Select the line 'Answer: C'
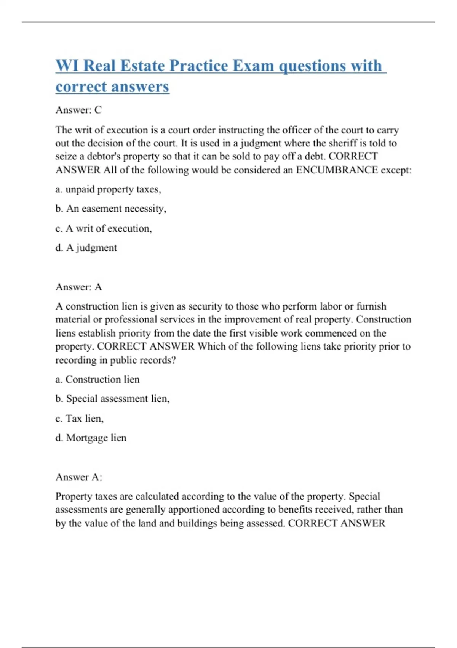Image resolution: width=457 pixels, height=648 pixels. point(78,110)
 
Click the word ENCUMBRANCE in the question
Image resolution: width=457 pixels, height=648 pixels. point(337,170)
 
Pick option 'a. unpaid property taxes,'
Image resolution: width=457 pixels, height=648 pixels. point(108,189)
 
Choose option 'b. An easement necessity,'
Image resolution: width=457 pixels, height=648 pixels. point(110,209)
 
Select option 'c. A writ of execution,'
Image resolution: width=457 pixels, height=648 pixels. point(104,228)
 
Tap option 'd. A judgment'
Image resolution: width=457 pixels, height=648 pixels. point(86,248)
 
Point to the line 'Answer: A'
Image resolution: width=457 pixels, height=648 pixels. point(78,287)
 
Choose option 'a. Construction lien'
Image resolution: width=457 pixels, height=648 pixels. point(97,379)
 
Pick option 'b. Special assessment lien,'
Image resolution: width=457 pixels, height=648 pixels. point(112,399)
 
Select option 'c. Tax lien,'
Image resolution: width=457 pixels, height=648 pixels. point(79,419)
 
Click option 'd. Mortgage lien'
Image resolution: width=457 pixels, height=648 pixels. point(91,438)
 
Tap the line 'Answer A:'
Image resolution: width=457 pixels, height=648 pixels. point(78,477)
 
